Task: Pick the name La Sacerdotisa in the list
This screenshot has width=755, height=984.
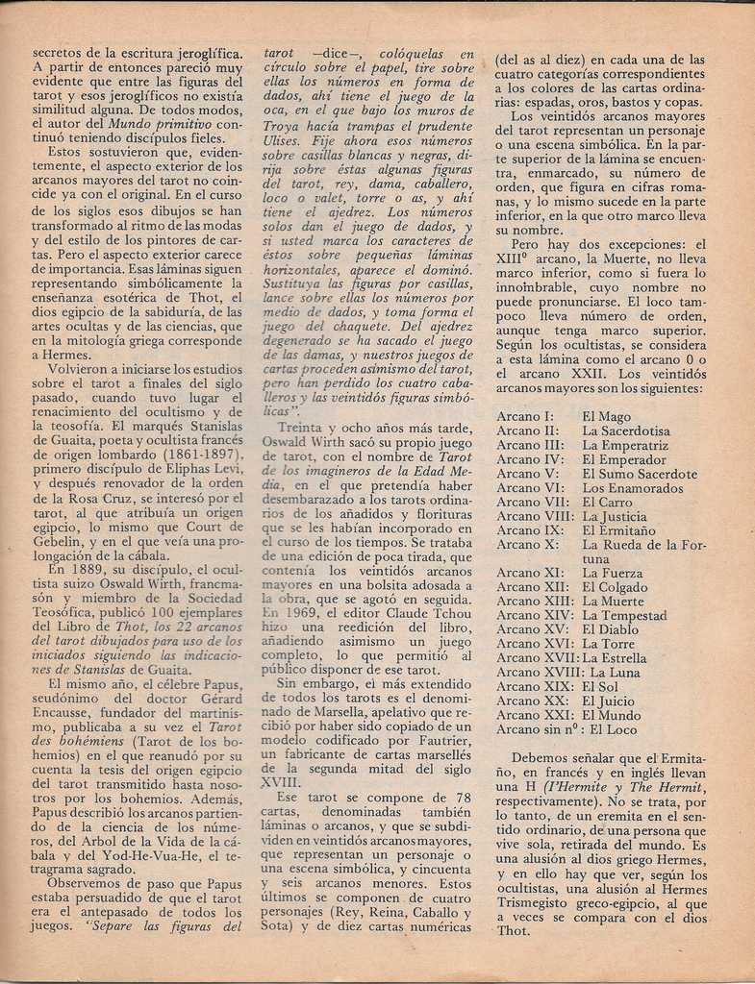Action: [x=626, y=431]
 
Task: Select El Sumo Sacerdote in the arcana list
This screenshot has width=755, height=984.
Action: [x=640, y=474]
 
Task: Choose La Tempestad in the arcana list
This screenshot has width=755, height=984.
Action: [x=624, y=615]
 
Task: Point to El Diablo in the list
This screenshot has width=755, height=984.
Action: [x=610, y=629]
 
